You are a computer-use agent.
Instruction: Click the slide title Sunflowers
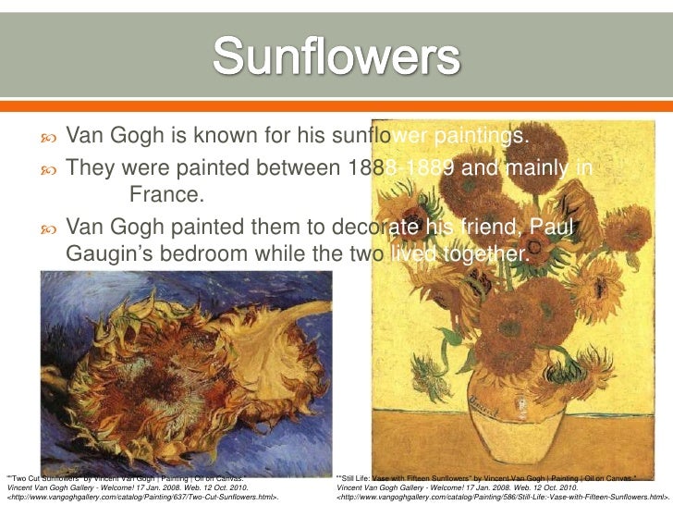coord(336,58)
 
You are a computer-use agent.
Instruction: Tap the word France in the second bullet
coord(164,195)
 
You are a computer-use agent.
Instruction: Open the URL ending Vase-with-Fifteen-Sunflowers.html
coord(503,497)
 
